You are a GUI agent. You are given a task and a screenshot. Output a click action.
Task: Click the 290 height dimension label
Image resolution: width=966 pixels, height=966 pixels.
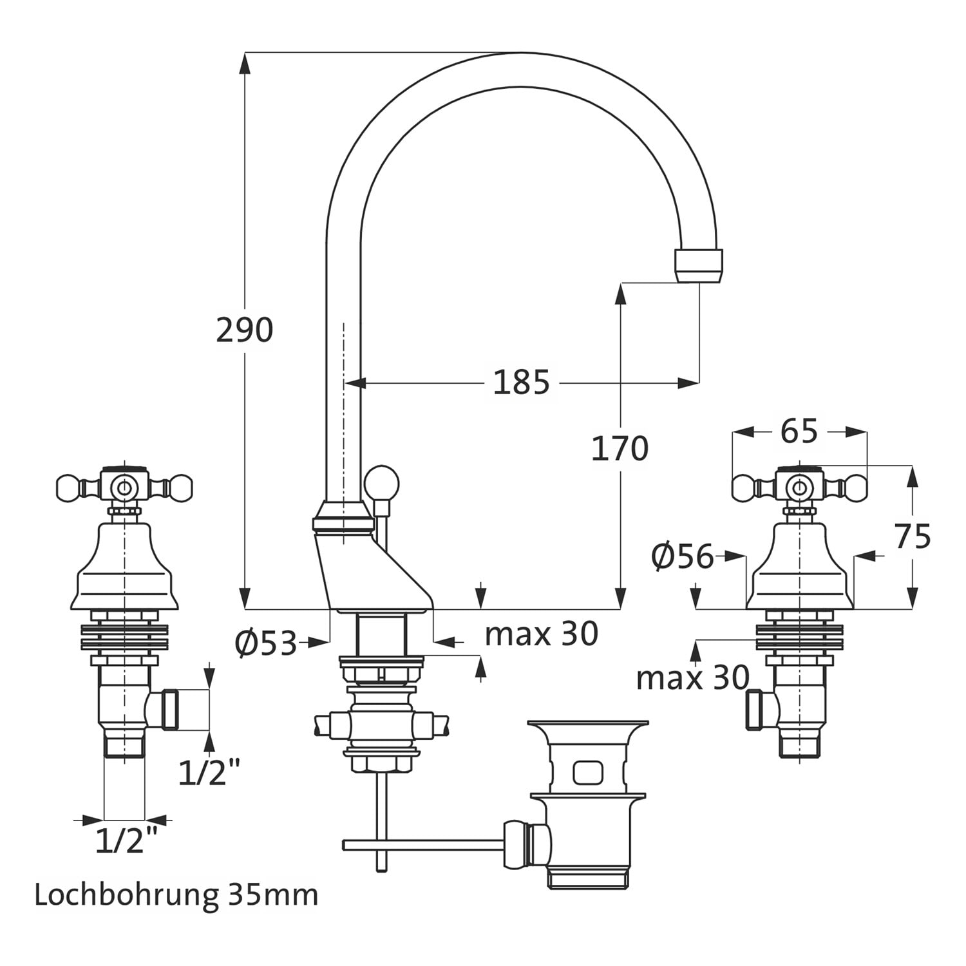[x=244, y=330]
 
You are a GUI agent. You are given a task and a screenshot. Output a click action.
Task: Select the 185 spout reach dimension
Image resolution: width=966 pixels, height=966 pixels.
[x=521, y=383]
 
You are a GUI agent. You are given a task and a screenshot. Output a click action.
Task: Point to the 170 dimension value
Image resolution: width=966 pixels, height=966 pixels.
[x=620, y=449]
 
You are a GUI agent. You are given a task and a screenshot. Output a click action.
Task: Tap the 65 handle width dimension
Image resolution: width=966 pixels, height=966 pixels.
[x=799, y=431]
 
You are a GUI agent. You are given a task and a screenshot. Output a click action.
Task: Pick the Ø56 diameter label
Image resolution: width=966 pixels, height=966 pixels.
[x=683, y=557]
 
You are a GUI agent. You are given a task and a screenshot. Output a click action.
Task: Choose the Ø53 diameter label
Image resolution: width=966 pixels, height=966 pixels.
[x=266, y=643]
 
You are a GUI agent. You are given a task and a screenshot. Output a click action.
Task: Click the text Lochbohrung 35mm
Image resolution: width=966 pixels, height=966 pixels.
[x=176, y=895]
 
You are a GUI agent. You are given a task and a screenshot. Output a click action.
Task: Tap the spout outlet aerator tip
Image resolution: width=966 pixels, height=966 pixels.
[x=699, y=265]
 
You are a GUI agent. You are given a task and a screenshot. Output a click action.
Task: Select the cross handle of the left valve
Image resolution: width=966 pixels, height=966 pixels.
[x=125, y=486]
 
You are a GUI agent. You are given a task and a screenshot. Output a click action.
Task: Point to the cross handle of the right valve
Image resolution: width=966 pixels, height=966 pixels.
[x=799, y=486]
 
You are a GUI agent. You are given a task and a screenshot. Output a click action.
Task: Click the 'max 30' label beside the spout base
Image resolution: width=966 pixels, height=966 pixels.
[x=541, y=634]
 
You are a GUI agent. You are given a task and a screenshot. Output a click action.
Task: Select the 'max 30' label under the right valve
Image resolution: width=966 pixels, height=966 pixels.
[x=692, y=677]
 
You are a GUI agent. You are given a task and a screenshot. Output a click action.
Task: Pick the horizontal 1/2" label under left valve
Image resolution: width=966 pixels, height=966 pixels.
[x=126, y=840]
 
